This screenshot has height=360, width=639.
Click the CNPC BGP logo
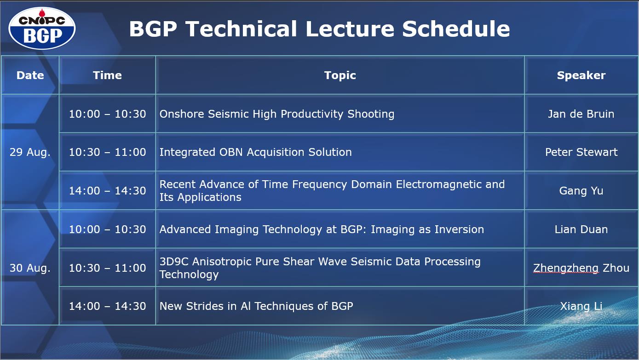(x=42, y=28)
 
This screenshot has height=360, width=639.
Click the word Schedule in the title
(x=456, y=29)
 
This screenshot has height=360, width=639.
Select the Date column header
(x=30, y=75)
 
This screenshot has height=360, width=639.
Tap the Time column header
(x=107, y=75)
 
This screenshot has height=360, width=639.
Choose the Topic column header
(x=340, y=75)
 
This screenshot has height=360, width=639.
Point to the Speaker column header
(x=581, y=75)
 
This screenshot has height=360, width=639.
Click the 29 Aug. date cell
(x=30, y=152)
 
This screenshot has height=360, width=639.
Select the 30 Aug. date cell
(x=30, y=268)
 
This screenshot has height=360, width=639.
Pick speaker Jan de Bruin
(x=581, y=114)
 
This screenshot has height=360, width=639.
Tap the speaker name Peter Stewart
(x=581, y=152)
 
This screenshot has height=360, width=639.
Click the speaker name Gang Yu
(x=581, y=191)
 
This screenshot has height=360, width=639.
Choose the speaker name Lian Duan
(x=581, y=229)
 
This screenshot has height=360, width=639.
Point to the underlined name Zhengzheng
(x=566, y=268)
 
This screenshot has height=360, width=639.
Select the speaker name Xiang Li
(x=581, y=306)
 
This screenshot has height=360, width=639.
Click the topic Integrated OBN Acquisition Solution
(x=255, y=152)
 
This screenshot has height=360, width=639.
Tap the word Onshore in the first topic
(x=182, y=114)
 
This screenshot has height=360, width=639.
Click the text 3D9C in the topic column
(x=174, y=262)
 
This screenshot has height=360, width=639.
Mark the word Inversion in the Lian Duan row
(x=458, y=229)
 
